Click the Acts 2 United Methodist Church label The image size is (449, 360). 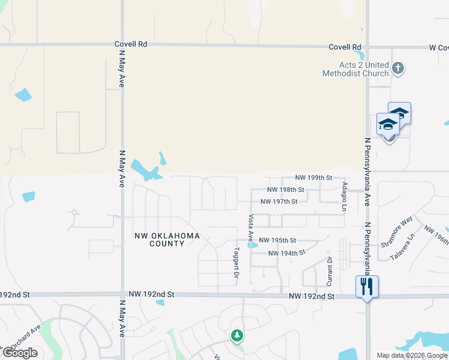(x=355, y=69)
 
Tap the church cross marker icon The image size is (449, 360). (x=397, y=68)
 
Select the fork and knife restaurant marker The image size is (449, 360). (x=367, y=286)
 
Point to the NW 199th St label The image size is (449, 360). (x=315, y=178)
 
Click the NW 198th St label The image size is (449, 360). (x=286, y=190)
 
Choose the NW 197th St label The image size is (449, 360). (x=279, y=202)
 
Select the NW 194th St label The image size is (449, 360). (x=283, y=253)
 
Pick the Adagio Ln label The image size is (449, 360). (x=345, y=197)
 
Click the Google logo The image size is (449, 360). (x=20, y=353)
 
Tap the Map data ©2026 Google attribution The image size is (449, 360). (x=412, y=355)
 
